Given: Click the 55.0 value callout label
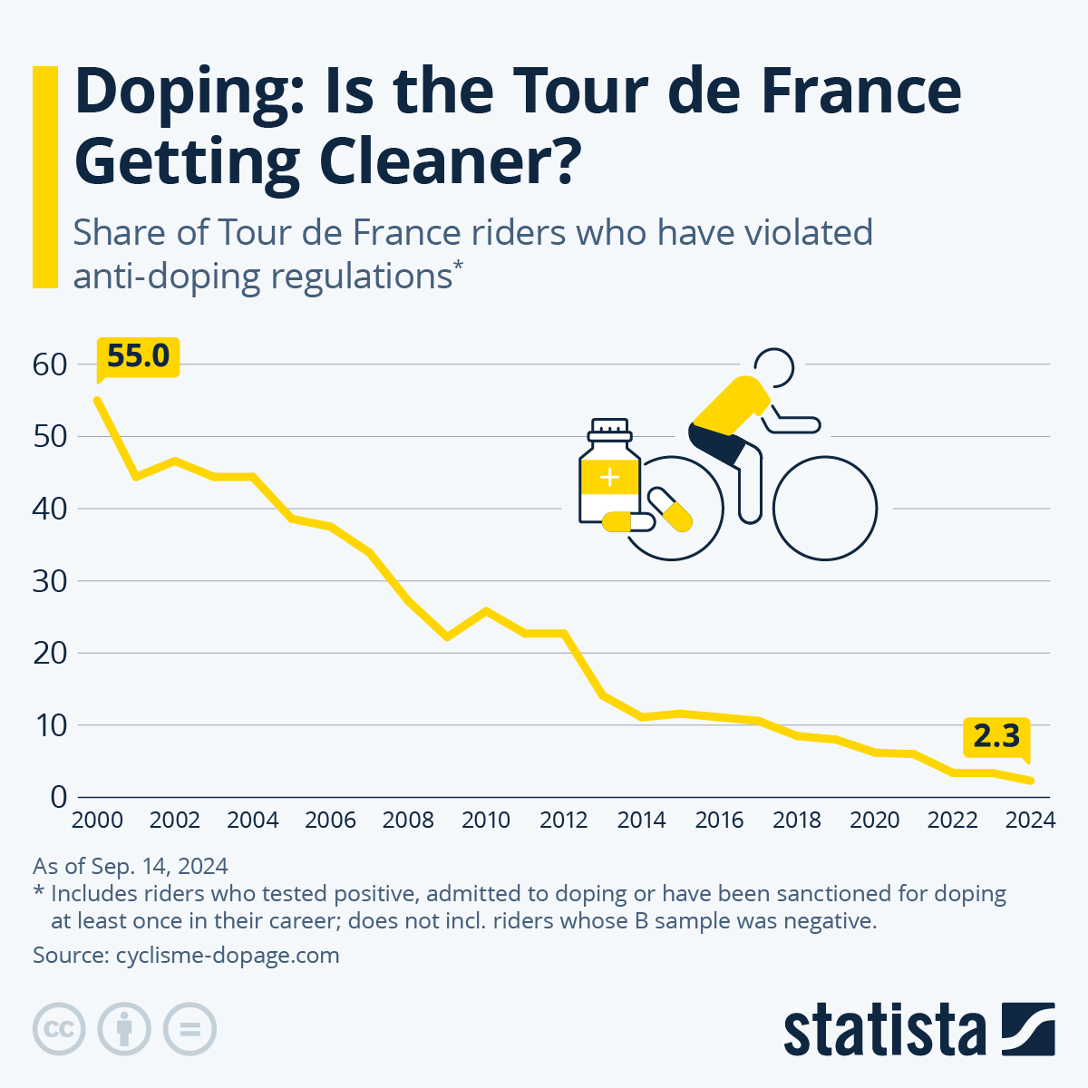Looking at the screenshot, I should pos(138,356).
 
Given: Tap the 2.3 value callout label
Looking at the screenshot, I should pos(996,736).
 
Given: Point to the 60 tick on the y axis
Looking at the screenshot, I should pos(50,364).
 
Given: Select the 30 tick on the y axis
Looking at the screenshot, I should pos(50,581).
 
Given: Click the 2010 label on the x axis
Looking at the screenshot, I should pos(486,821).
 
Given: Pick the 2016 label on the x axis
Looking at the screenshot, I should pos(719,821).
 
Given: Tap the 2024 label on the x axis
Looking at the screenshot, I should pos(1030,821).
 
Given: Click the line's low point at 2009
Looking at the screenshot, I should pos(447,637).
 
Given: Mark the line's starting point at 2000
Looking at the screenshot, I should pos(97,400).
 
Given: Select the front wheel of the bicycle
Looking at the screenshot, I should pos(825,508).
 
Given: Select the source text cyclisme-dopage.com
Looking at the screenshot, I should pos(228,955).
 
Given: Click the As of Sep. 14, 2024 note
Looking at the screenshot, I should pos(130,866).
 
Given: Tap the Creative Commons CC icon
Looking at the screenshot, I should pos(59,1029).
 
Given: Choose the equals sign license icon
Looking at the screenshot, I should pos(189,1029).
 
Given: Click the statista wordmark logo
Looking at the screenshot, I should pos(884,1030).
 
